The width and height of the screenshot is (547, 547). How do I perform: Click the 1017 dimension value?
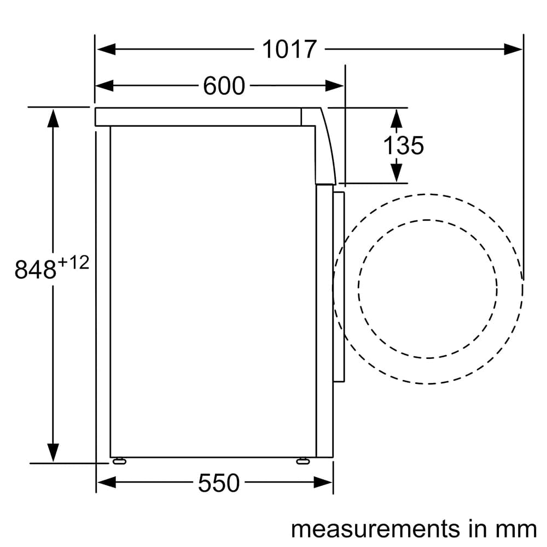[x=289, y=50]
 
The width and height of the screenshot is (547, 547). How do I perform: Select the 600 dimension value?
[x=224, y=86]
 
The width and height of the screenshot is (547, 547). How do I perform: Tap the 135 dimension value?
[x=403, y=146]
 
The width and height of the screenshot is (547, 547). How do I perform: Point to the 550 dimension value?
[x=219, y=483]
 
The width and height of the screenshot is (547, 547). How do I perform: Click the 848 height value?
[x=36, y=270]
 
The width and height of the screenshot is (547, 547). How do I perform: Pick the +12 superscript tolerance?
[x=73, y=263]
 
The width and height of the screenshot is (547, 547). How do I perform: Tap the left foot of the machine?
[x=119, y=461]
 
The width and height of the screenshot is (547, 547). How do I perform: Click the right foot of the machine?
[x=302, y=461]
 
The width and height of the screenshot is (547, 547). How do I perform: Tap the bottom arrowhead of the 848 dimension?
[x=53, y=452]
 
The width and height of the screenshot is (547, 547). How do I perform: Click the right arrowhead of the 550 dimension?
[x=323, y=482]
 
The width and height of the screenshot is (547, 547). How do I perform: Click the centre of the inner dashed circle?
[x=428, y=289]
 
